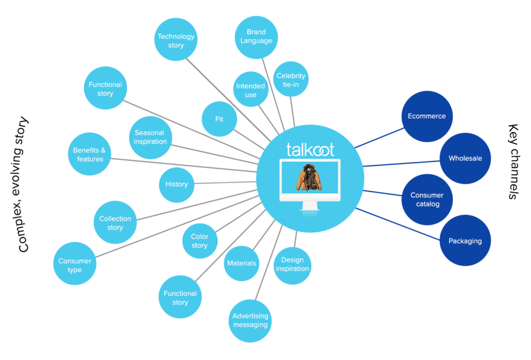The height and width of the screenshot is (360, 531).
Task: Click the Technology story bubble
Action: click(x=176, y=40)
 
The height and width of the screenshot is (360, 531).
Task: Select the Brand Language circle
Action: click(x=256, y=36)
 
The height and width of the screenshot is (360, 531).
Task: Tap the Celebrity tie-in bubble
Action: click(x=291, y=80)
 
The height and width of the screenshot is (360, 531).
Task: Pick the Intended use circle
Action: click(x=250, y=90)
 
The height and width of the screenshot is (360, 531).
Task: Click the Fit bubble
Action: click(x=219, y=119)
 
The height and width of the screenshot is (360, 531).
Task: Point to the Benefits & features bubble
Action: click(x=88, y=154)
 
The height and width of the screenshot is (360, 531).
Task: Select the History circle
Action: click(x=176, y=184)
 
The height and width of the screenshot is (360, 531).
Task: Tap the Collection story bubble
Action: click(x=115, y=223)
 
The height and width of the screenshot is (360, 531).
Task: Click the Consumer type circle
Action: click(x=75, y=265)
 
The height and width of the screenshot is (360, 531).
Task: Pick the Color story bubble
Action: click(x=199, y=241)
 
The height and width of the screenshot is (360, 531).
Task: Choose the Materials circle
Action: click(x=241, y=263)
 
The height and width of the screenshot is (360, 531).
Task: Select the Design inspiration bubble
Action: click(x=292, y=264)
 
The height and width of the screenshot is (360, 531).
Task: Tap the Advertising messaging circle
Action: click(x=250, y=320)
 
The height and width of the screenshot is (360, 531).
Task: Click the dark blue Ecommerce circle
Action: click(x=427, y=116)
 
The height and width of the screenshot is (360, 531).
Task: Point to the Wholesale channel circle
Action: click(x=465, y=159)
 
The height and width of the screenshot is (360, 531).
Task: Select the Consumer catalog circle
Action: click(x=426, y=199)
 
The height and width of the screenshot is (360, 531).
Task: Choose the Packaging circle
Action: click(x=465, y=240)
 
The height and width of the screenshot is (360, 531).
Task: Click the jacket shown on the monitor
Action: click(x=308, y=178)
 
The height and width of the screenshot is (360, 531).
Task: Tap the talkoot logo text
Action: click(x=310, y=149)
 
